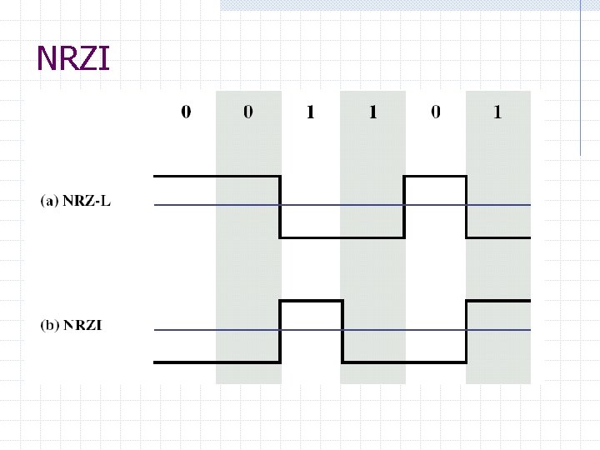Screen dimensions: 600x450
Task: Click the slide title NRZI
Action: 73,58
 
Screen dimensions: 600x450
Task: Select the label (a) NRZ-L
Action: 75,201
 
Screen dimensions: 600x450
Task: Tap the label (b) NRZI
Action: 71,325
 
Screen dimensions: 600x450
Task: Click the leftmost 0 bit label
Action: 186,112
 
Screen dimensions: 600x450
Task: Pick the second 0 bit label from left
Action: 248,112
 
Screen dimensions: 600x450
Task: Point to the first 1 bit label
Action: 310,112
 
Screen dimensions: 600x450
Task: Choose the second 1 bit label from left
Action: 372,112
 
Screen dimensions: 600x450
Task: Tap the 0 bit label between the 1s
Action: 436,112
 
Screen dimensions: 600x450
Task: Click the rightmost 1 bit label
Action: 497,112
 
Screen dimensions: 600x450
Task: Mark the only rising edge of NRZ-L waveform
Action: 404,207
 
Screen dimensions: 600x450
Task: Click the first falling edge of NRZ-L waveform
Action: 280,207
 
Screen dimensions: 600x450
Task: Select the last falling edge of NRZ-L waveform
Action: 467,207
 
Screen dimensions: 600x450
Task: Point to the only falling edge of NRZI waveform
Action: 342,332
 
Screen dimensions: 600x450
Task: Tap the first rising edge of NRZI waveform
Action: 280,332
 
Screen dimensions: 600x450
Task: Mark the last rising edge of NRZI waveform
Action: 467,332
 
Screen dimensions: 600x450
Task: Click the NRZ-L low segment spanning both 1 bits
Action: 342,237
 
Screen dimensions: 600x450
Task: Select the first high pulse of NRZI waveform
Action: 311,301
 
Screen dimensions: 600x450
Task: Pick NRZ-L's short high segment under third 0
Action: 435,177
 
